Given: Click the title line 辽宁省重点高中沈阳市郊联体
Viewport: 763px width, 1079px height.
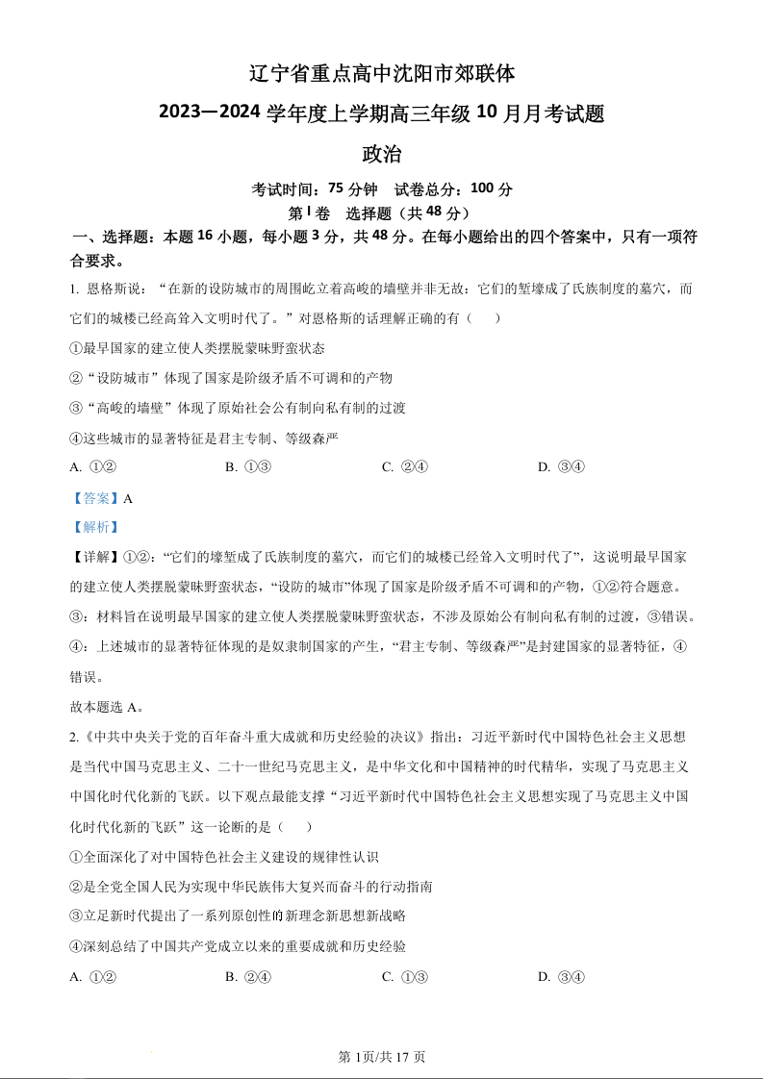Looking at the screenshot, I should click(381, 73).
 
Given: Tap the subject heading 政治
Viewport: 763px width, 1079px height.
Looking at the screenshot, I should click(381, 154).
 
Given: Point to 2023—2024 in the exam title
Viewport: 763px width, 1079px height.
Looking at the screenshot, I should click(210, 113).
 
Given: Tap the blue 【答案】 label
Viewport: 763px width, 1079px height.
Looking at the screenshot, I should click(95, 498).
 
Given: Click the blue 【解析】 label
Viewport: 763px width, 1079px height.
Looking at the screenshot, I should click(95, 527).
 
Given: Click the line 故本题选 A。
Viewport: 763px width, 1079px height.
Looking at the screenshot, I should click(107, 707).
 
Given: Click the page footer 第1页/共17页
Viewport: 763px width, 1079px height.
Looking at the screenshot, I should click(382, 1057).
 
